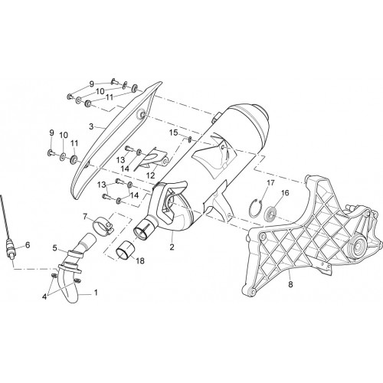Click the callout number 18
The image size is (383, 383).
(140, 260)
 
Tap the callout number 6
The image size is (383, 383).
(28, 245)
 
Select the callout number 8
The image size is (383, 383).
(290, 284)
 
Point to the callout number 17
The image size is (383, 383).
(270, 183)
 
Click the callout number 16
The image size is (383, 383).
(285, 193)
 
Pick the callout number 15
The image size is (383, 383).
(173, 133)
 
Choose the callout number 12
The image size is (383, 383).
(151, 175)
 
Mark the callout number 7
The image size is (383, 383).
(85, 217)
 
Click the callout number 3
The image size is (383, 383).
(91, 126)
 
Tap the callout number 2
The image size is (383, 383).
(172, 247)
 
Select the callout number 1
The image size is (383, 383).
(96, 293)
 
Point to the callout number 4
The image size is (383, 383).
(44, 297)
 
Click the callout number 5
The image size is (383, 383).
(54, 248)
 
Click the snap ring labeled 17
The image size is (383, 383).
(255, 208)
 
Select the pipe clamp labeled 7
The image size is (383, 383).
(103, 225)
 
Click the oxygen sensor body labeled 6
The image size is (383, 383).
(11, 248)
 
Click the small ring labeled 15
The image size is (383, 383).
(190, 139)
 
